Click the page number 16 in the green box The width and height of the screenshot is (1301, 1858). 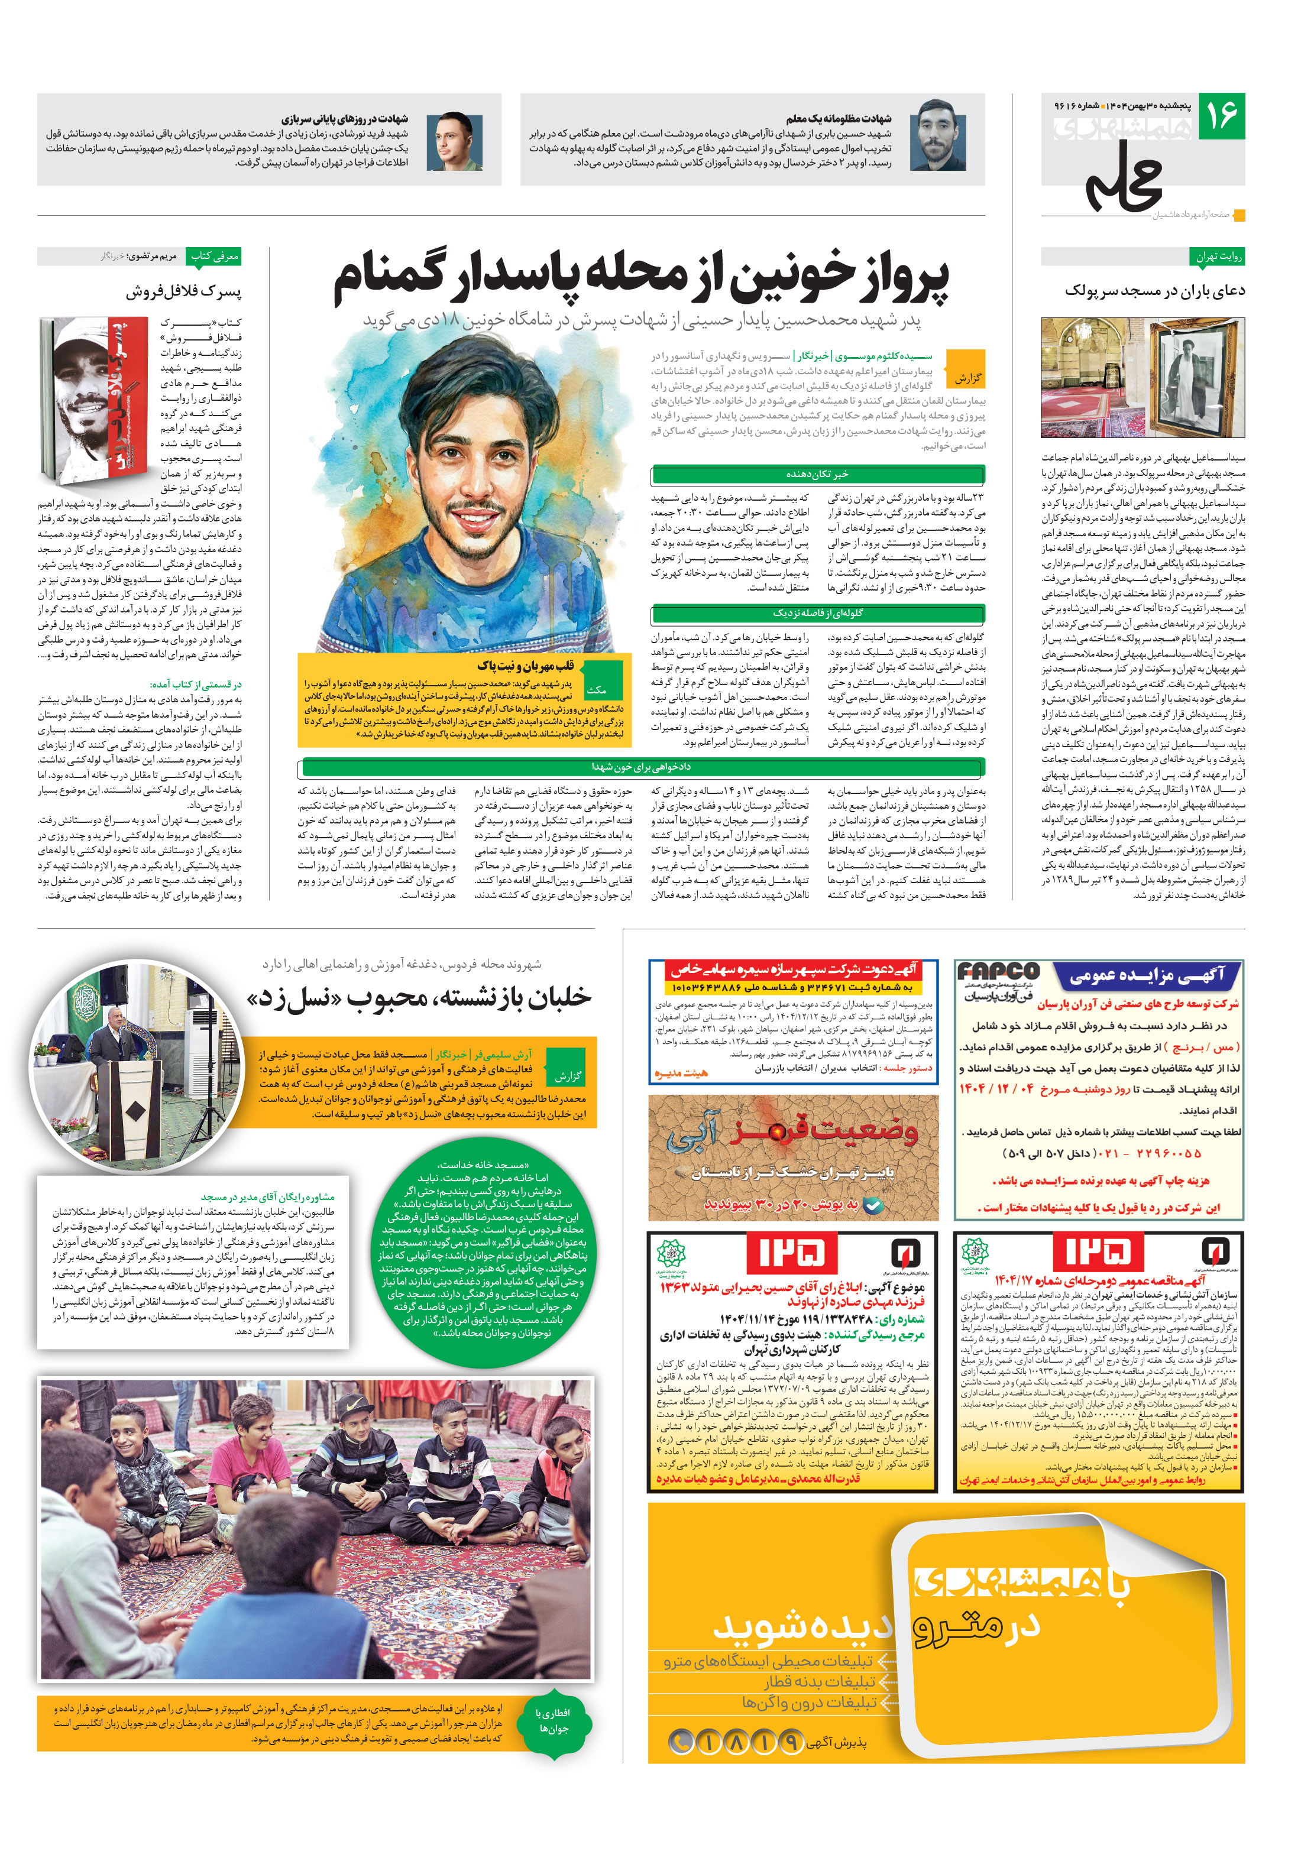tap(1221, 116)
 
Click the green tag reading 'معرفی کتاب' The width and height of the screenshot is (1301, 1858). tap(213, 257)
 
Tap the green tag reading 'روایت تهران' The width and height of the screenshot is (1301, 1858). tap(1218, 257)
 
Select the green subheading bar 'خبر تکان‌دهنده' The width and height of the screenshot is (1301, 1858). tap(818, 474)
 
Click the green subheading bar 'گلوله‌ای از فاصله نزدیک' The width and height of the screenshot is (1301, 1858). tap(818, 614)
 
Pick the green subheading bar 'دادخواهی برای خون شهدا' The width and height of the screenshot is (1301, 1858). tap(641, 766)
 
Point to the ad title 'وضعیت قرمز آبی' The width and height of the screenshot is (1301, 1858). tap(794, 1133)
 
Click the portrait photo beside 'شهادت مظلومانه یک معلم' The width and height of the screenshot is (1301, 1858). tap(937, 141)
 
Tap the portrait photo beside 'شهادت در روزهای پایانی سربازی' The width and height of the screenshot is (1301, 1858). tap(454, 141)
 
